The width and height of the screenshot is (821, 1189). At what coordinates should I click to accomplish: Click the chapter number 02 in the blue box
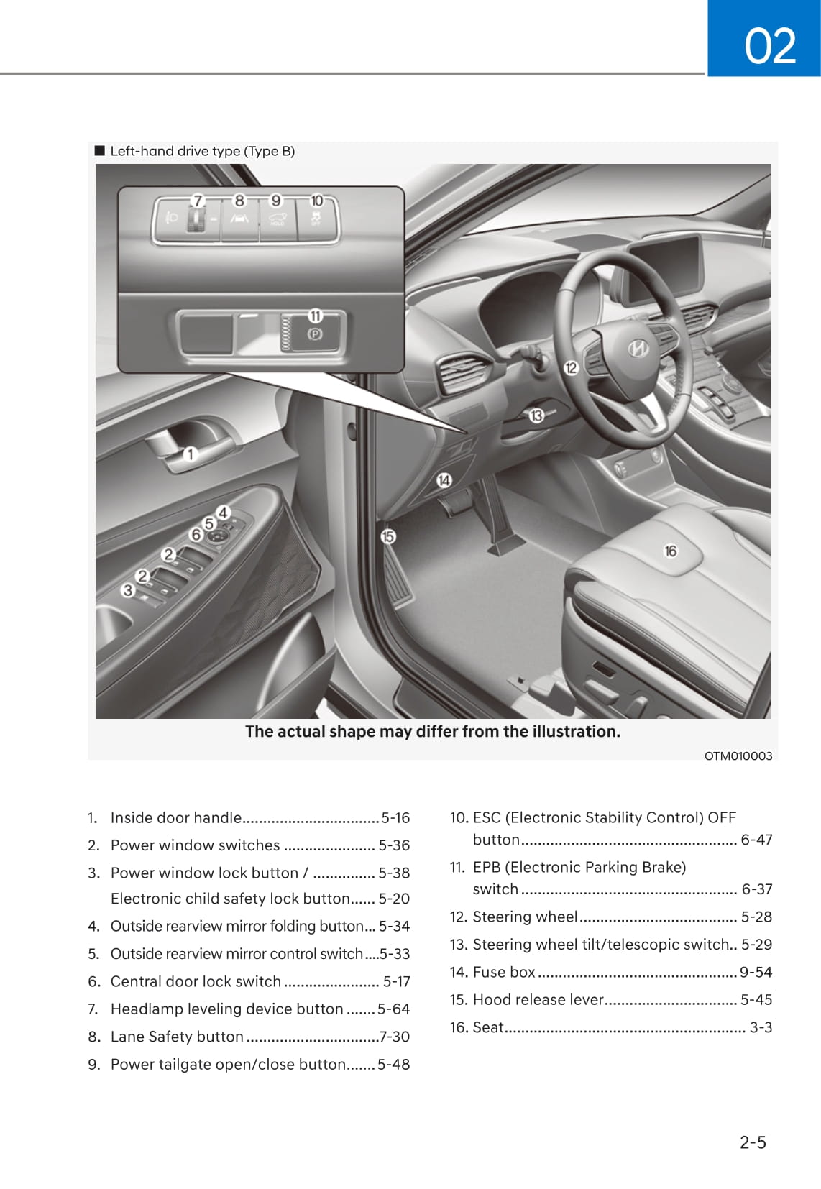pos(770,47)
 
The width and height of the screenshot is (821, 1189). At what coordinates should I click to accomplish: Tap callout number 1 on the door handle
pos(191,454)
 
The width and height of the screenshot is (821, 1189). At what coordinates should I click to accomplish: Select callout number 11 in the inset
pos(315,316)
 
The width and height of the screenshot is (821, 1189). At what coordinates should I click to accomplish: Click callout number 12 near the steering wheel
pos(571,368)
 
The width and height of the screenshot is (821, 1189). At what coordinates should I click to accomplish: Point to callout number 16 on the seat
pos(671,551)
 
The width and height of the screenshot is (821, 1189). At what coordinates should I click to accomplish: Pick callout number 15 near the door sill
pos(388,536)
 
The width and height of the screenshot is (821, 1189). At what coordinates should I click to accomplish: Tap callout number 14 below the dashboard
pos(444,480)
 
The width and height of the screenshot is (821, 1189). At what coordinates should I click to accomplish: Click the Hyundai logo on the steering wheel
pos(638,349)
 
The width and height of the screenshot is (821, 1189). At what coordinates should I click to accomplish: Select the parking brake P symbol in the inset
pos(315,334)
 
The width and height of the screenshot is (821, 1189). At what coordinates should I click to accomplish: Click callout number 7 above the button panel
pos(198,201)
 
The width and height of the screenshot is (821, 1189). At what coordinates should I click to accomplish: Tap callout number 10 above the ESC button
pos(316,201)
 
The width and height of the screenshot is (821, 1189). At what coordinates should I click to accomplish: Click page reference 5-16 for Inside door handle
pos(395,818)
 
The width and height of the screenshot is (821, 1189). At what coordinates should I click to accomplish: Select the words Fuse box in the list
pos(504,972)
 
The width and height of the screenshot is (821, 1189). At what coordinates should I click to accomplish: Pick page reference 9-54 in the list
pos(756,972)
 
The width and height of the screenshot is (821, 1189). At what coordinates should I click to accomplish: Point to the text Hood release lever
pos(538,999)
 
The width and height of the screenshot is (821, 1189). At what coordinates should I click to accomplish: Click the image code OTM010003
pos(738,756)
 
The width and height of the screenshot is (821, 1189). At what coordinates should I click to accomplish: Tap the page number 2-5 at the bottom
pos(753,1142)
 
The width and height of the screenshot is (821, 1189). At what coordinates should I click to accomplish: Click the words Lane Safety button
pos(177,1037)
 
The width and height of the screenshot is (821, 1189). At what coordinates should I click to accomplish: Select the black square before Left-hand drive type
pos(100,151)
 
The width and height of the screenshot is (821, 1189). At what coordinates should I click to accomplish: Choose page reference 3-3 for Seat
pos(761,1027)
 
